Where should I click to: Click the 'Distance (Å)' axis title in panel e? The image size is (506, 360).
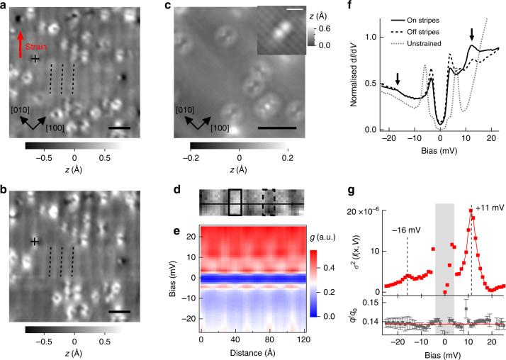[x=252, y=355]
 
